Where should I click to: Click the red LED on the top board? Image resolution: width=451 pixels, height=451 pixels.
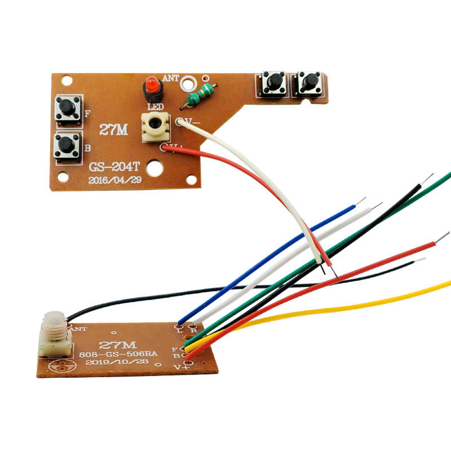(x=152, y=87)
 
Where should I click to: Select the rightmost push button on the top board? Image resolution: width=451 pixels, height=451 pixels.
(x=309, y=83)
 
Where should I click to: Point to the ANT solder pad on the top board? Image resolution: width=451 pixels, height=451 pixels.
(x=188, y=82)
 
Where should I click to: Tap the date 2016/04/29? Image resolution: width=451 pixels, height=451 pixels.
(x=115, y=180)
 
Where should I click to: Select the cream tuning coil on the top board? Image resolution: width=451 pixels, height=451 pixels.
(x=157, y=126)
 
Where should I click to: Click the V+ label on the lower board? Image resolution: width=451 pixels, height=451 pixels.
(x=180, y=366)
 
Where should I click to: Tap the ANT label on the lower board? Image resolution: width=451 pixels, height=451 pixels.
(x=77, y=327)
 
